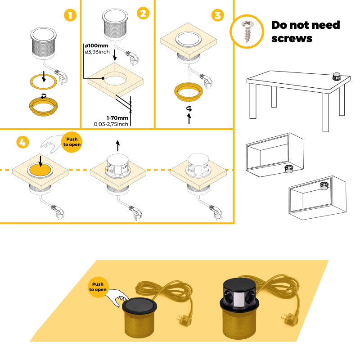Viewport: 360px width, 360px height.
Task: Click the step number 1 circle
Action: (x=69, y=15)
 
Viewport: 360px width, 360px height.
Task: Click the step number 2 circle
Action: (x=143, y=13)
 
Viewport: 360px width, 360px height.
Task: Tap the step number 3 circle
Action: (x=217, y=15)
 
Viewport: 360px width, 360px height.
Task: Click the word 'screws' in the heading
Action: (x=292, y=39)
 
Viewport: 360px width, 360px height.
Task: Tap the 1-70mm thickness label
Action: (x=105, y=118)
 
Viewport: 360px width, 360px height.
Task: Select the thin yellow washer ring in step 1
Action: (x=43, y=81)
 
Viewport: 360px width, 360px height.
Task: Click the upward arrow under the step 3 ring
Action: (x=189, y=118)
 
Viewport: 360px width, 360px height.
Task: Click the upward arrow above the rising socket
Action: (x=118, y=145)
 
